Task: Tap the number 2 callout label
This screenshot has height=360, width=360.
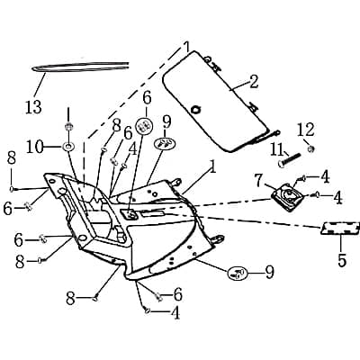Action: click(253, 82)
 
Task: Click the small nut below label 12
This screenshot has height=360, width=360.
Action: click(310, 147)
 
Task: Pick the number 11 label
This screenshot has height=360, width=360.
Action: click(278, 148)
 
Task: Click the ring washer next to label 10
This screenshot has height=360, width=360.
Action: click(68, 145)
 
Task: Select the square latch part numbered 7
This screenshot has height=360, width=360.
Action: click(288, 196)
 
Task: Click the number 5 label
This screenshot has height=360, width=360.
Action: click(341, 262)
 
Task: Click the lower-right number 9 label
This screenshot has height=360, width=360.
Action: click(267, 270)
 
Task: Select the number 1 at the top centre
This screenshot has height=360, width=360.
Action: click(187, 44)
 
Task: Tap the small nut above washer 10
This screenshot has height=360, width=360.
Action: click(68, 125)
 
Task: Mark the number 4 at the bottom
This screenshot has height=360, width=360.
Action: click(175, 313)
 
